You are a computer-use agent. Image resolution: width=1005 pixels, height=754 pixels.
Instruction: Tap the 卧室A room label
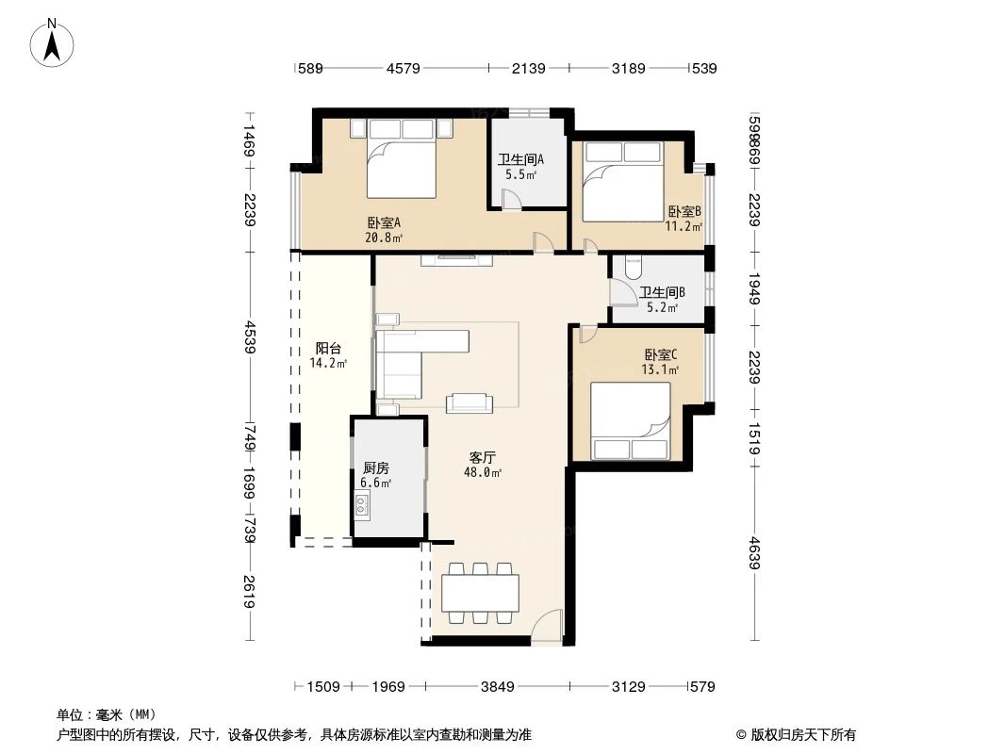pos(385,230)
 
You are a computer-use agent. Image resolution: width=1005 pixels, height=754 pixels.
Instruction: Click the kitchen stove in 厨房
pos(363,505)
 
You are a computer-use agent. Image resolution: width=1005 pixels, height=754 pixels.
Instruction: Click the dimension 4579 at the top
pos(403,68)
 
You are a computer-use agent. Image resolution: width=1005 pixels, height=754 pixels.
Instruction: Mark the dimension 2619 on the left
pos(249,591)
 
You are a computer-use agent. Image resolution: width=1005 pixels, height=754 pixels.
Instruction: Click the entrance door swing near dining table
pos(547,627)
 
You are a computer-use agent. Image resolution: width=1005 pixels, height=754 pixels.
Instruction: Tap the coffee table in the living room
pos(470,402)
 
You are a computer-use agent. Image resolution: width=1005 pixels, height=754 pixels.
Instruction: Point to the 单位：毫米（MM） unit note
pos(107,714)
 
